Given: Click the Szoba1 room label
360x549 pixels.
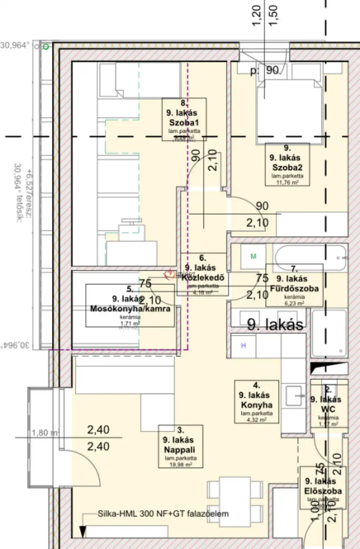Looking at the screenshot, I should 184,122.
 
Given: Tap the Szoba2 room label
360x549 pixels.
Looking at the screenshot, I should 287,167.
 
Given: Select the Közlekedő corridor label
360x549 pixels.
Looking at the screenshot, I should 203,277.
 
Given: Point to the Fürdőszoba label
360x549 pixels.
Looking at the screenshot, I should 294,289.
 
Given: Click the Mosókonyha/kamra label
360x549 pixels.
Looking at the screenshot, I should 130,309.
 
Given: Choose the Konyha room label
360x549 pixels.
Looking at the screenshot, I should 256,405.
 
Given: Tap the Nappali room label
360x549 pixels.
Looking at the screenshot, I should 179,450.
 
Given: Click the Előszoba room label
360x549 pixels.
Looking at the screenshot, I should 323,491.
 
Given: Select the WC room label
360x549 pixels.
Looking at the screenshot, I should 328,409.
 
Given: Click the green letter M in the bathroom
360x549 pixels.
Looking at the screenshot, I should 253,257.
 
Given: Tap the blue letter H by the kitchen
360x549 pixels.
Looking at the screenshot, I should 243,346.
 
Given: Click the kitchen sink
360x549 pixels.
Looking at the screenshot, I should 294,395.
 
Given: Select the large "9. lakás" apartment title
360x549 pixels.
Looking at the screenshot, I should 275,325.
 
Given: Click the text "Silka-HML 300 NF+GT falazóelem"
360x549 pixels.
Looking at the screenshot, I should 163,514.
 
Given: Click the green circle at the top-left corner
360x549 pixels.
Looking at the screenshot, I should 46,47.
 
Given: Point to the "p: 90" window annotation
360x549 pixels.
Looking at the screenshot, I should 265,70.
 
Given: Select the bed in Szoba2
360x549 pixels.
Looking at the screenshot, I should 289,108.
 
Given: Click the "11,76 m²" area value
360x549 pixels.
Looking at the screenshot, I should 287,182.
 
